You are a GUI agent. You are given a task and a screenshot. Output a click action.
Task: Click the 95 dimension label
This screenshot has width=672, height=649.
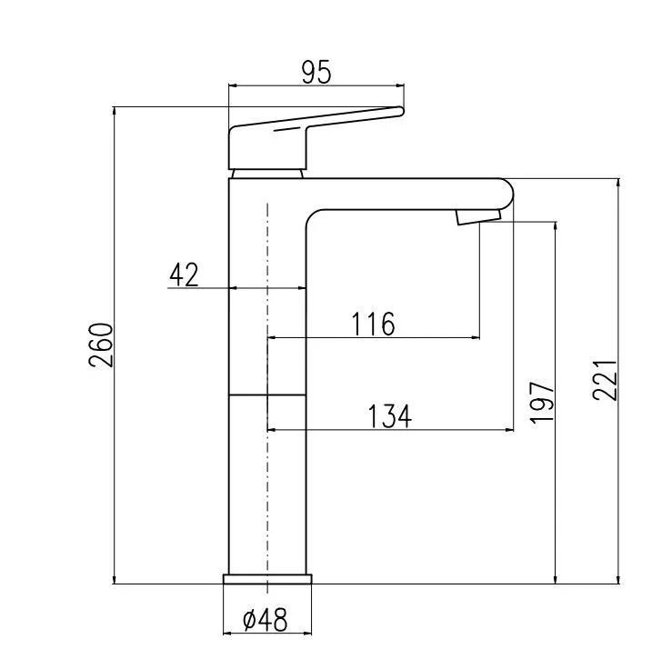316,72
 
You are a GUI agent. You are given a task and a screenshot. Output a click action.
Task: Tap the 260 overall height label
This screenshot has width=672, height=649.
101,344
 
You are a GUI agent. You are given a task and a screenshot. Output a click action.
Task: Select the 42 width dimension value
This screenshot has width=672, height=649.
184,275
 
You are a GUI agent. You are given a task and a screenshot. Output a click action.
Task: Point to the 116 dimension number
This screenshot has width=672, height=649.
374,324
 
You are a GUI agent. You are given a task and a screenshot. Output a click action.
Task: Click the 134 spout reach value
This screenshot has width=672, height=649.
390,416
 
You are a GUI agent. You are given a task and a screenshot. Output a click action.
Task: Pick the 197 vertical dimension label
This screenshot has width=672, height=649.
542,403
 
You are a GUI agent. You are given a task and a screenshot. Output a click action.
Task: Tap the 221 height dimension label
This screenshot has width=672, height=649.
605,380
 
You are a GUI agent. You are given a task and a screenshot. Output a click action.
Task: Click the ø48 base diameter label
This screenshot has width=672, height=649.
266,619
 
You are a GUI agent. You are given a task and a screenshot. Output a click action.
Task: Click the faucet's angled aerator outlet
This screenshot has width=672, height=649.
478,216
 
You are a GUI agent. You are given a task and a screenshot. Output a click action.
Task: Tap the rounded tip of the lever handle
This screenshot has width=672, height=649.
401,112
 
